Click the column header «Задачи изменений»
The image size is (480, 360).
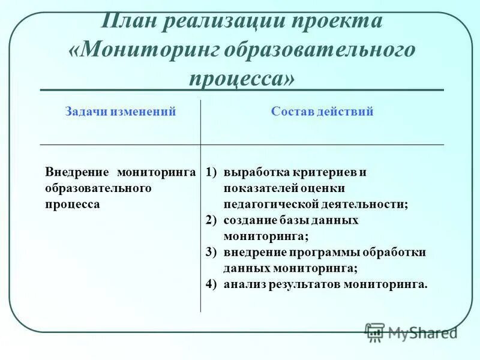[x=120, y=112]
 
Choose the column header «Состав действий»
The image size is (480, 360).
[x=322, y=112]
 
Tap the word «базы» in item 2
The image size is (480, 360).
[x=296, y=220]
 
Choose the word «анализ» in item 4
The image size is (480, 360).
[x=243, y=284]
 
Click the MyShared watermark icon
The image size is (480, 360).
[x=375, y=332]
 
